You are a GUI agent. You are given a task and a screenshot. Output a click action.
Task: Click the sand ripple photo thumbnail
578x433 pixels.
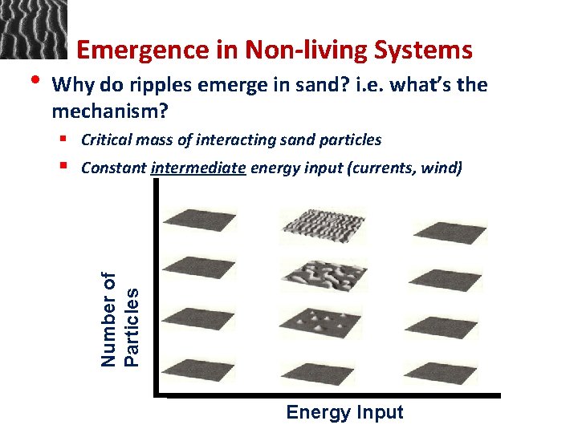point(33,30)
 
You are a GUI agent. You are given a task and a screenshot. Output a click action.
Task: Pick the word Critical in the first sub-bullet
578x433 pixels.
point(105,140)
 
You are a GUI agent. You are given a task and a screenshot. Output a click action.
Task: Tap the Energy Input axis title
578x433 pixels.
point(344,412)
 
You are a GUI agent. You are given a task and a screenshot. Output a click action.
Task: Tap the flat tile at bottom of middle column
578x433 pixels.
point(319,373)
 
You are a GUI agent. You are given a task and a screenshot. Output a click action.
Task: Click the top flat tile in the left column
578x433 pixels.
point(198,219)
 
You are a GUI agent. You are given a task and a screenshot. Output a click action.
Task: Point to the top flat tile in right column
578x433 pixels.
point(449,231)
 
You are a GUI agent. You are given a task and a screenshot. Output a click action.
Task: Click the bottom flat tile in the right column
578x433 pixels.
point(443,373)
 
